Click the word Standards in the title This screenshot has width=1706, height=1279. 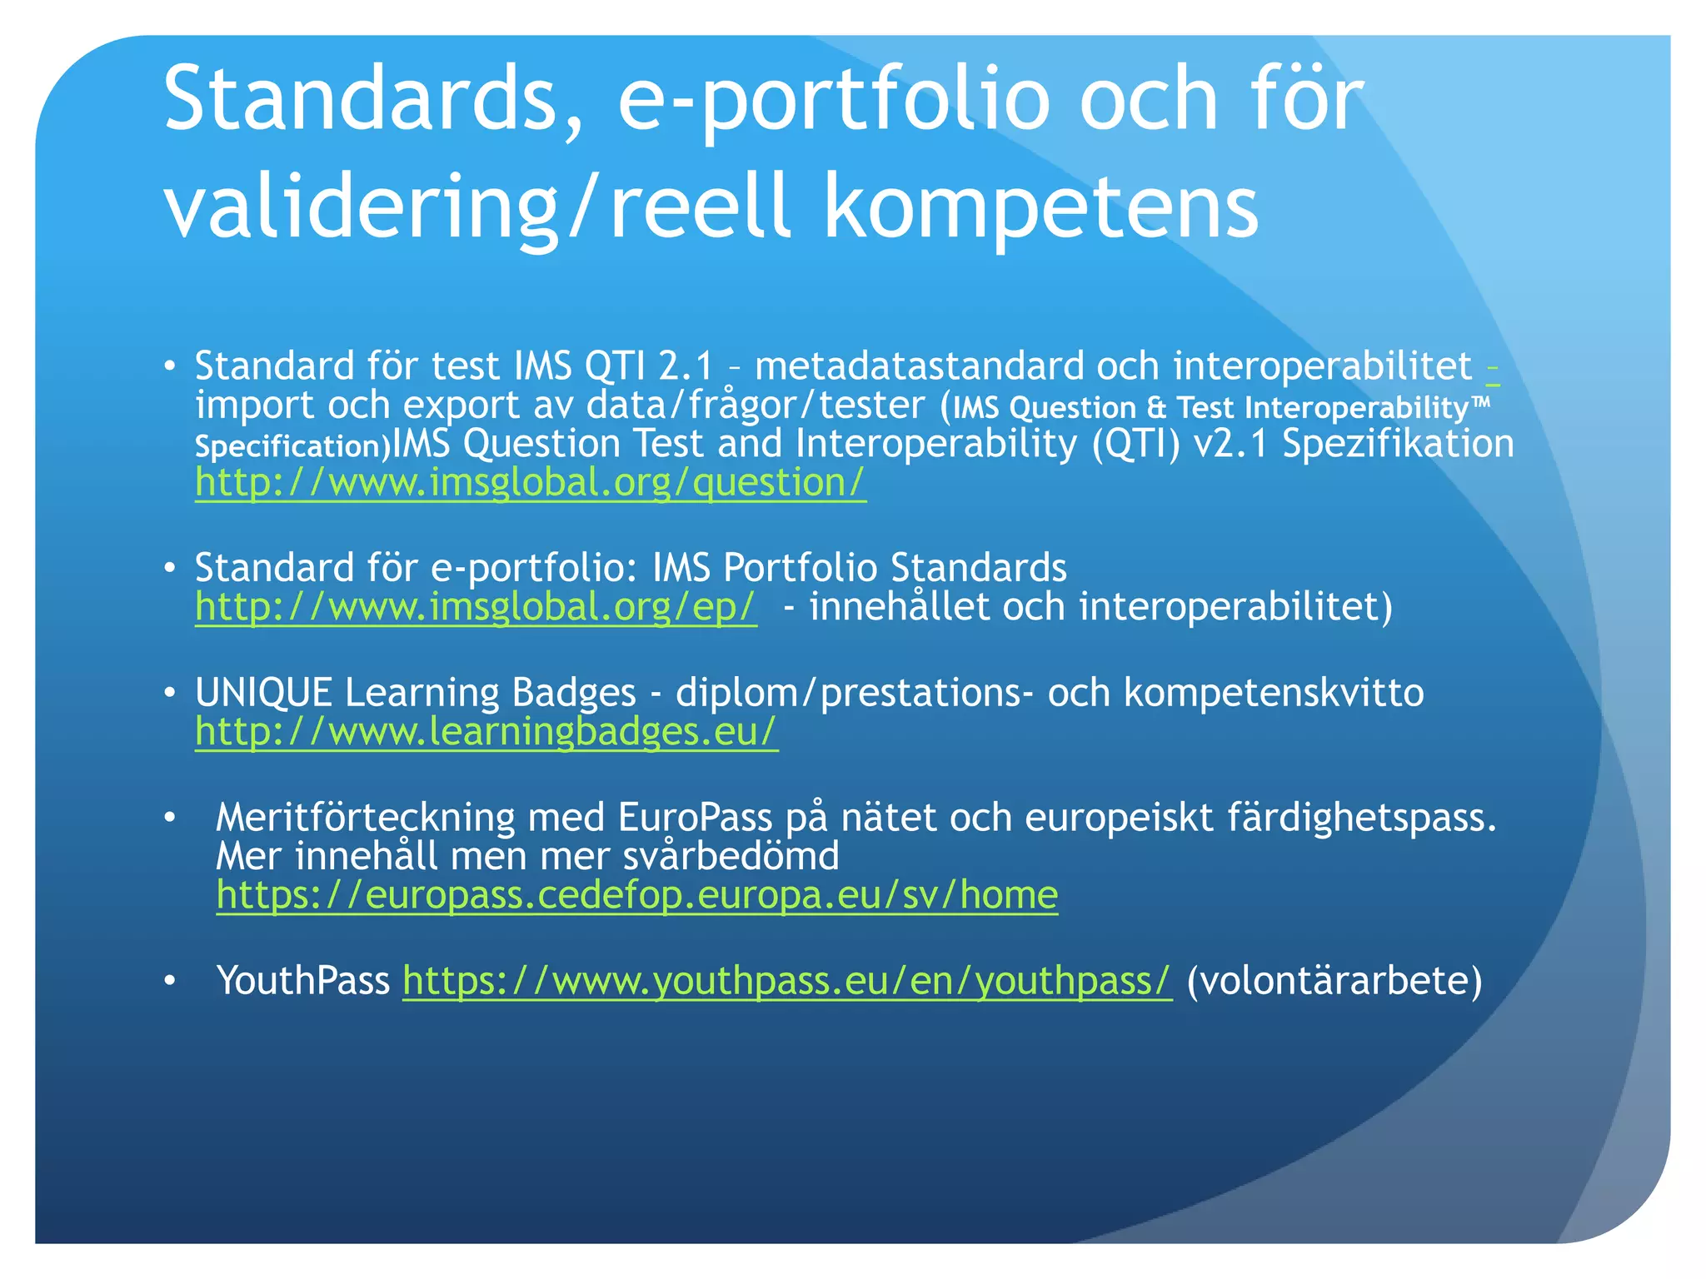click(x=360, y=100)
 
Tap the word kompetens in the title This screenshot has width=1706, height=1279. click(x=1040, y=207)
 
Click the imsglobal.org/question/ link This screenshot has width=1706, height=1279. click(x=530, y=483)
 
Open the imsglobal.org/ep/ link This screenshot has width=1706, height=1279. click(x=476, y=606)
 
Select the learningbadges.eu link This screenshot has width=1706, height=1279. click(x=486, y=731)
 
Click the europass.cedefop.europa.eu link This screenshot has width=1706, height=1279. click(x=636, y=895)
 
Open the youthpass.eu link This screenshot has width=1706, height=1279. click(x=786, y=981)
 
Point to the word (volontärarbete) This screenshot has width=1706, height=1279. click(x=1334, y=981)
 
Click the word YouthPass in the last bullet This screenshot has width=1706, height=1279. click(x=302, y=981)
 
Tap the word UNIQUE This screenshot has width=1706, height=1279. click(x=263, y=693)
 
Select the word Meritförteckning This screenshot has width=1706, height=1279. click(x=365, y=818)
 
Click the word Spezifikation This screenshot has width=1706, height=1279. click(x=1397, y=444)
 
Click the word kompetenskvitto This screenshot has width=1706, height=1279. click(x=1274, y=693)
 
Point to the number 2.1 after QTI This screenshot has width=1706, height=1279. click(x=686, y=366)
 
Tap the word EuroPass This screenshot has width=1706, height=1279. click(x=695, y=818)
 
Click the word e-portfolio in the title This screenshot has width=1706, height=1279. click(x=833, y=100)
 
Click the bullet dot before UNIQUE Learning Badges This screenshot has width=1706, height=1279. click(x=170, y=693)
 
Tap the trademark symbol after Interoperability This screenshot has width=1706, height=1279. click(x=1480, y=402)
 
